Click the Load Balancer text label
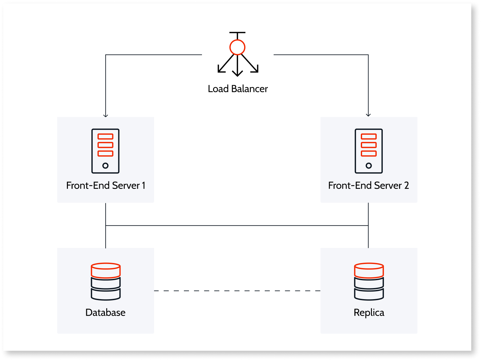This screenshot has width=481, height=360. (237, 89)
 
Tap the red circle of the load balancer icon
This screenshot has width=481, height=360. (237, 48)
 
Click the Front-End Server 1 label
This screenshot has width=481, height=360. (106, 185)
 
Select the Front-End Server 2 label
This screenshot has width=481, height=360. (368, 185)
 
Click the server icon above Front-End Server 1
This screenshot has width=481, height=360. (106, 151)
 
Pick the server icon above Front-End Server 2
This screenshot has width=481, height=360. (368, 151)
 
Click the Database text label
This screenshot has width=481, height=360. (106, 312)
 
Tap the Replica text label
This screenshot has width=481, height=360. (369, 312)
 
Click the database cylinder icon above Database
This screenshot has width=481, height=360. (106, 281)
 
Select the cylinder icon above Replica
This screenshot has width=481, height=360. (369, 281)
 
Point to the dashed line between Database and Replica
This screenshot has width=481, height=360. (237, 291)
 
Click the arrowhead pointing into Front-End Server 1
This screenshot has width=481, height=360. (106, 115)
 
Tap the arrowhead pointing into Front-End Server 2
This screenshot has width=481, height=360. (368, 115)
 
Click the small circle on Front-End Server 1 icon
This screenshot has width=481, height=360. (106, 165)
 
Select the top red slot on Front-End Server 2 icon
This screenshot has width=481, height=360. (368, 137)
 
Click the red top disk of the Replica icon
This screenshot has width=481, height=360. (369, 270)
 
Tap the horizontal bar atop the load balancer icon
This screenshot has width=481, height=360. (237, 32)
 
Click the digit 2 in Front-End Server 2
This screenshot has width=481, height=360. (406, 185)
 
